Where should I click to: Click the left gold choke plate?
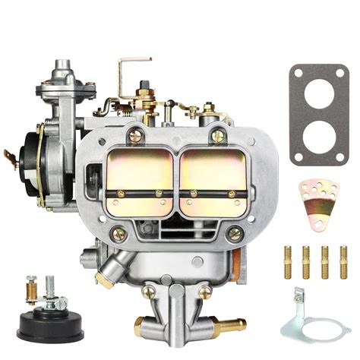click(x=139, y=170)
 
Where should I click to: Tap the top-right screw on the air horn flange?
click(x=218, y=137)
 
